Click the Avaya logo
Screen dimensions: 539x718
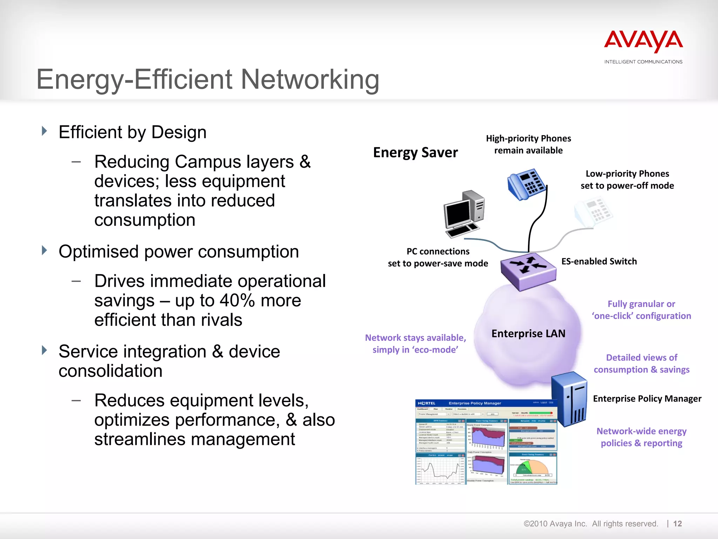[x=643, y=42]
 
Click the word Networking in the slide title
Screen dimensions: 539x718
[x=310, y=79]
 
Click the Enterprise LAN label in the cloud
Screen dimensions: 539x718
[x=528, y=333]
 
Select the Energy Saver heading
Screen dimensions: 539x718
[x=415, y=153]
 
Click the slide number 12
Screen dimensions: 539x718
[x=677, y=524]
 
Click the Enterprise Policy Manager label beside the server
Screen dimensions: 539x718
[x=647, y=399]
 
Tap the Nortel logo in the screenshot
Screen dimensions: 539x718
[x=427, y=403]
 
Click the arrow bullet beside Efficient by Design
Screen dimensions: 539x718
[x=44, y=131]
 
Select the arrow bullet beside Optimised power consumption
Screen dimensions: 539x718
[x=44, y=251]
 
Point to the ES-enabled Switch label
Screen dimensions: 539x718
[x=599, y=261]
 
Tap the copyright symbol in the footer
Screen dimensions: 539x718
[x=527, y=524]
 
